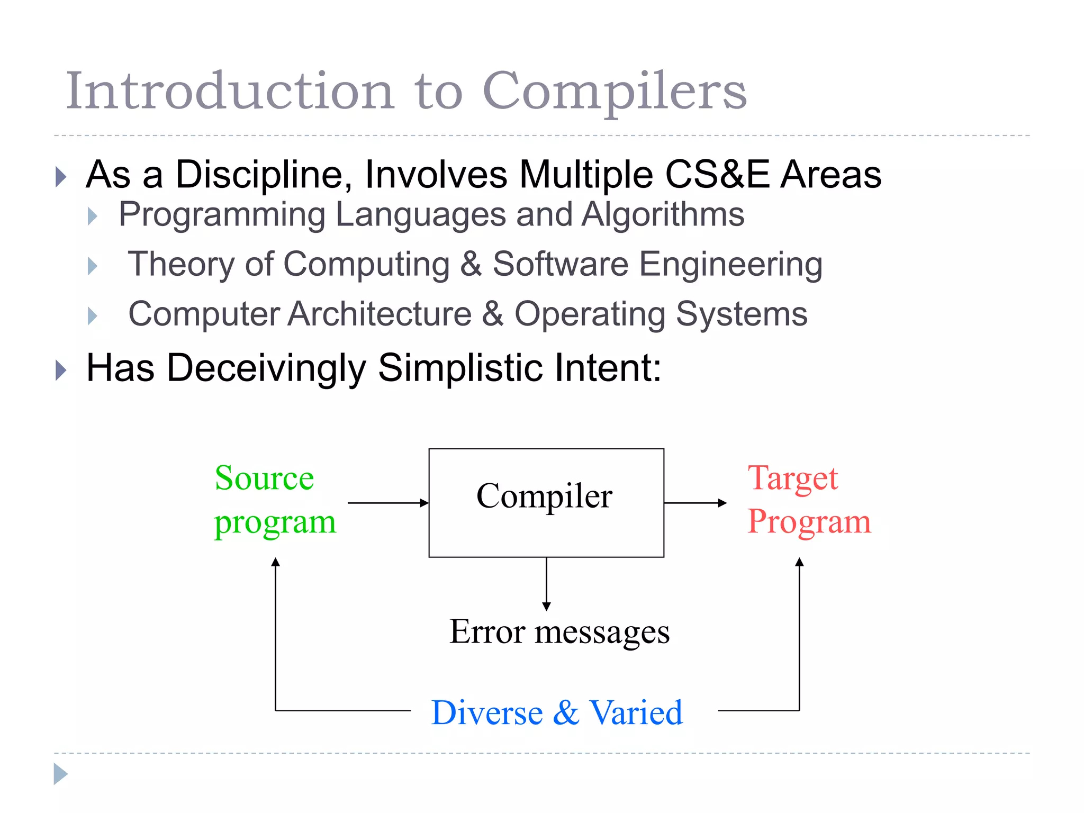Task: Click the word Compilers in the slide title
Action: coord(614,91)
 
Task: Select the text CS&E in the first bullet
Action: coord(717,175)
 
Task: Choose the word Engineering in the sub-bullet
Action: coord(730,264)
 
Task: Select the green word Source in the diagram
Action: coord(264,478)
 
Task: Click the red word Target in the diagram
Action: coord(792,478)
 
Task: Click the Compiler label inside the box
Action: coord(544,496)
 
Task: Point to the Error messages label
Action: coord(559,632)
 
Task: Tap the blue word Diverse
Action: coord(487,713)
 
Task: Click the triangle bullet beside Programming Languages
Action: coord(93,216)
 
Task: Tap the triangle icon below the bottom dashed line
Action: coord(60,774)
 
